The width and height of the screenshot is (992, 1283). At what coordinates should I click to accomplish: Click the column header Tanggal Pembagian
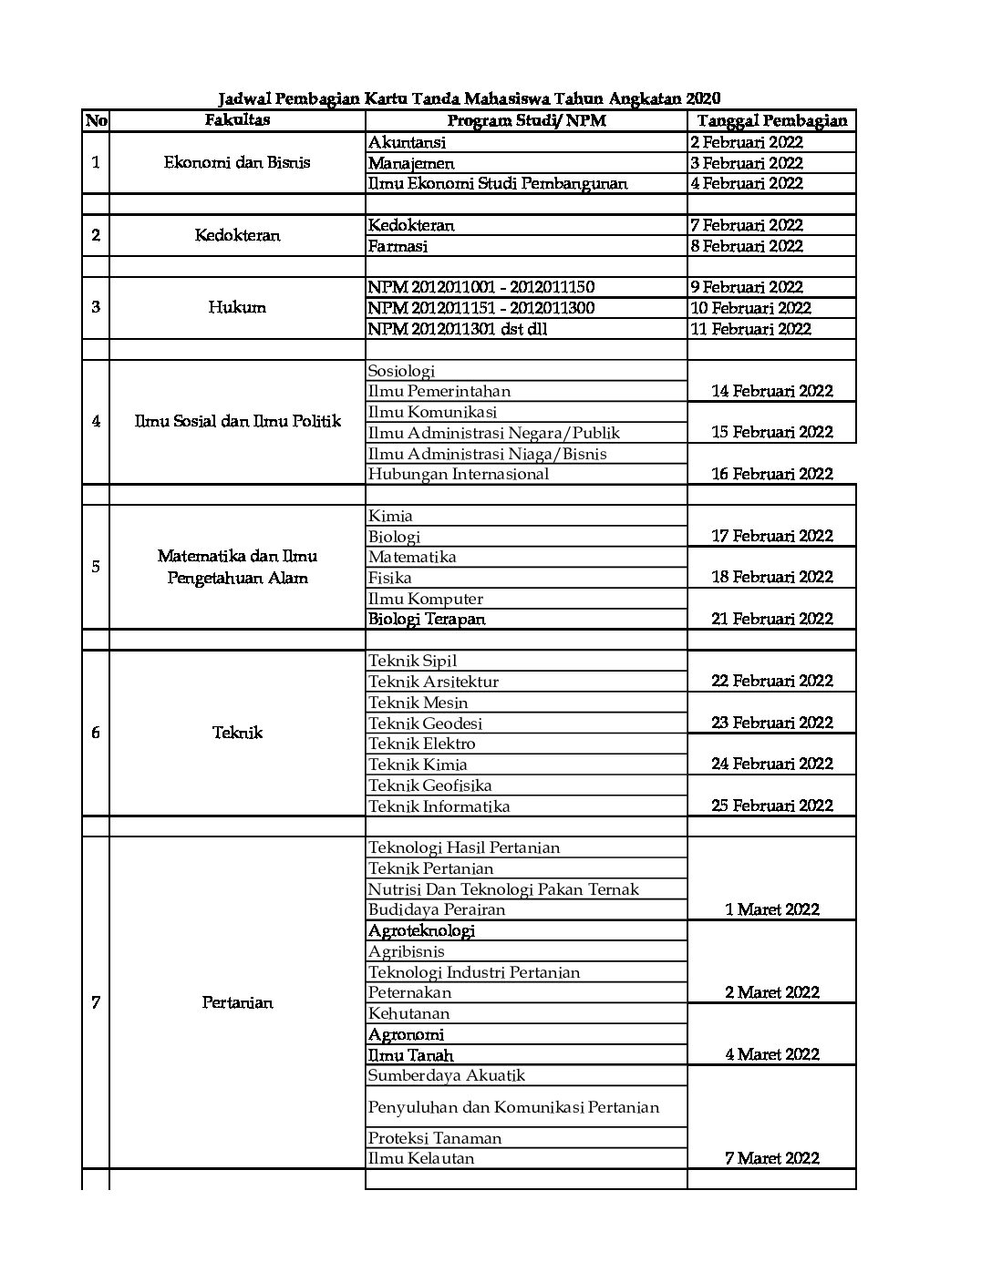(771, 121)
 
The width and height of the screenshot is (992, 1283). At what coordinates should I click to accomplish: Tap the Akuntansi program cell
(408, 142)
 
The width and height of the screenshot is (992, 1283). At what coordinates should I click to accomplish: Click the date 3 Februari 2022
(747, 163)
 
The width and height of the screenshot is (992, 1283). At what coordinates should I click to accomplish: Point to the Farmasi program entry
(398, 246)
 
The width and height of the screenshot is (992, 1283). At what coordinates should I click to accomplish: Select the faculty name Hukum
(237, 307)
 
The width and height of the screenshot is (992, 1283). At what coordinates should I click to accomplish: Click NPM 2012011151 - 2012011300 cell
(480, 308)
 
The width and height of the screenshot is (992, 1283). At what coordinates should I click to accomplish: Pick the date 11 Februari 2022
(750, 329)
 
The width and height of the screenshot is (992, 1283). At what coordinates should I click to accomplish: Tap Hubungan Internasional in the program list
(459, 474)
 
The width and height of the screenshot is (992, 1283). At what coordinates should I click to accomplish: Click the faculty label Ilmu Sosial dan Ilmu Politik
(237, 421)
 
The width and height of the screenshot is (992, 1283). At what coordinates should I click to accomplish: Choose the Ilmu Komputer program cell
(425, 599)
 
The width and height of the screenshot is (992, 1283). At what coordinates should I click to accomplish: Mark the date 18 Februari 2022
(771, 577)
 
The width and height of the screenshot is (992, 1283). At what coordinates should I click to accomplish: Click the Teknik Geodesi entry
(425, 724)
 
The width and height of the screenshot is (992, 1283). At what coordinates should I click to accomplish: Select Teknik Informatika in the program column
(439, 806)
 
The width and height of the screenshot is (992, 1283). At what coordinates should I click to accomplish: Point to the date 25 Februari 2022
(771, 806)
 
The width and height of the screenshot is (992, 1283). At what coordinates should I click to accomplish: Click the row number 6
(96, 733)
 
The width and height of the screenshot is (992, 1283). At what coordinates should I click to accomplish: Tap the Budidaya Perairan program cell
(436, 909)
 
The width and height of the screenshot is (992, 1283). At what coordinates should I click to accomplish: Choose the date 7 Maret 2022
(771, 1158)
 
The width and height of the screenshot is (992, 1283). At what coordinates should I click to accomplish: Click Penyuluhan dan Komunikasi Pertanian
(513, 1108)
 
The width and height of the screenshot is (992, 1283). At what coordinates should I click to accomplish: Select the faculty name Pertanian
(237, 1003)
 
